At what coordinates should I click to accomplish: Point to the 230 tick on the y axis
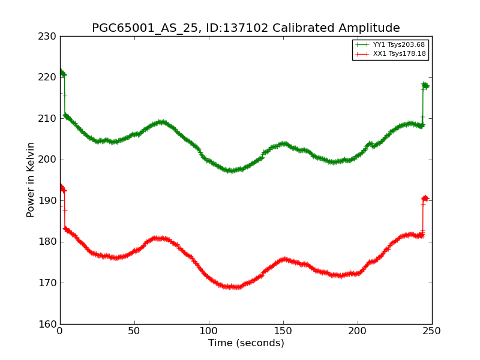(49, 37)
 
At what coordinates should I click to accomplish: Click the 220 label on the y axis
(49, 77)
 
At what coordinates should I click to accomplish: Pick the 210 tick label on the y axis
(49, 119)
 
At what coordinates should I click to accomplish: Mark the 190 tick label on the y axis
(49, 201)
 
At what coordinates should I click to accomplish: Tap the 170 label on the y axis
(49, 283)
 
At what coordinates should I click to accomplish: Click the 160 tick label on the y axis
(49, 324)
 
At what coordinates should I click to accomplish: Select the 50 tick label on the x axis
(134, 331)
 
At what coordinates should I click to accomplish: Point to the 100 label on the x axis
(209, 331)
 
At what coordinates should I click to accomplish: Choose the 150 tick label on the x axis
(283, 331)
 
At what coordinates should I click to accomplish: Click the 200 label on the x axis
(358, 331)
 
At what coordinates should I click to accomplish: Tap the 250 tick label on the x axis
(432, 331)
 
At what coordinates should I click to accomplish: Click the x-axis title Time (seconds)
(246, 344)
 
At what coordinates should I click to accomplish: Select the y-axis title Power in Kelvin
(31, 179)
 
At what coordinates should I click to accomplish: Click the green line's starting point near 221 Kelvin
(60, 71)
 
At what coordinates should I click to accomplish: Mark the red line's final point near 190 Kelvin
(425, 199)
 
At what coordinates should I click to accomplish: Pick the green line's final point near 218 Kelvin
(426, 86)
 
